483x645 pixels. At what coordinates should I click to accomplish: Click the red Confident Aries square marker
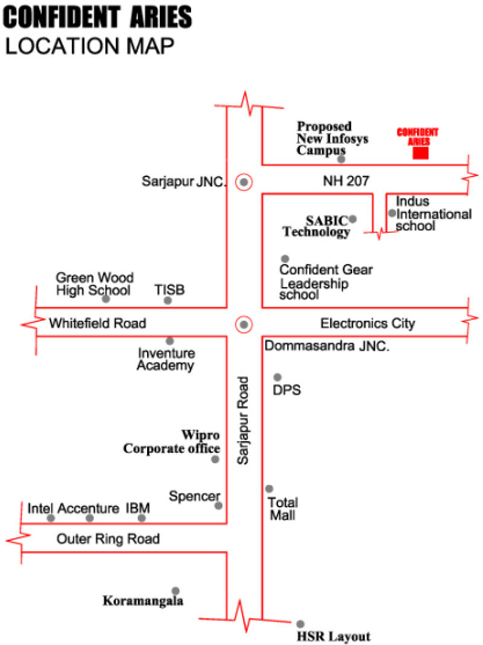[421, 153]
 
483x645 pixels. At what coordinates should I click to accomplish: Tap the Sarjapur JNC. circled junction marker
[244, 181]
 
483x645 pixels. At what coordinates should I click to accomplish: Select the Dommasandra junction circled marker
[244, 325]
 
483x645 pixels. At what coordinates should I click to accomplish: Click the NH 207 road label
[346, 181]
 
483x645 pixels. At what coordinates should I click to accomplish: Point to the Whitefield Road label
[98, 323]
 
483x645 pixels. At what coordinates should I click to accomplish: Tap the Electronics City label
[368, 323]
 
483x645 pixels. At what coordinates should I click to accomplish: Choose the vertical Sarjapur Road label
[243, 421]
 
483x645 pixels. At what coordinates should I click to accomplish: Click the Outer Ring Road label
[108, 539]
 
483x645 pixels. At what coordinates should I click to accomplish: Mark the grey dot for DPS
[278, 377]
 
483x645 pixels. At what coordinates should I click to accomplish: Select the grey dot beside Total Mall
[269, 489]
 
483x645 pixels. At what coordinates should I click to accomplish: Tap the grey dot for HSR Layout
[300, 624]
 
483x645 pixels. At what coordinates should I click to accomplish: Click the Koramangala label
[143, 601]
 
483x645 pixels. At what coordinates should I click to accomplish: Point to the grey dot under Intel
[51, 518]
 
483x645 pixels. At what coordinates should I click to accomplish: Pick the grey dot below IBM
[142, 518]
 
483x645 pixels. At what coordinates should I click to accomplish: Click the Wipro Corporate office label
[172, 442]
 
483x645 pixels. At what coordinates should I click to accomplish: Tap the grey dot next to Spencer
[218, 506]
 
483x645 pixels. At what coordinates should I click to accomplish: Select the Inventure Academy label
[166, 359]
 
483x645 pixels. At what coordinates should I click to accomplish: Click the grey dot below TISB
[168, 300]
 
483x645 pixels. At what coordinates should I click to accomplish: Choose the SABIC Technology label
[317, 225]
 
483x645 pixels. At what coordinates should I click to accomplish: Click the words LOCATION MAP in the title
[90, 46]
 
